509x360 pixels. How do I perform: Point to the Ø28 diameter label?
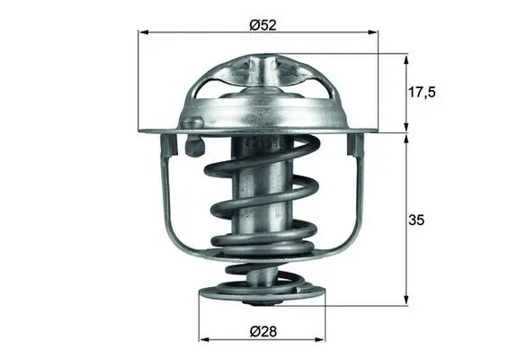coord(259,330)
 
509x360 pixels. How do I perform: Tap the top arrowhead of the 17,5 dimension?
coord(407,58)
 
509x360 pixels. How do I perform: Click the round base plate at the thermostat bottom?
coord(258,292)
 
